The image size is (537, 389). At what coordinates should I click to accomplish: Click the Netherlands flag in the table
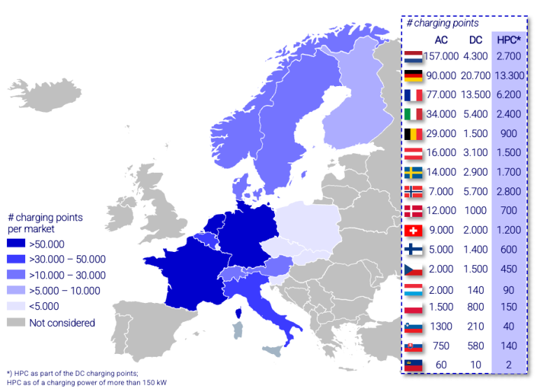(413, 56)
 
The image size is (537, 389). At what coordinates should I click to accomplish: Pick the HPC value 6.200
(507, 94)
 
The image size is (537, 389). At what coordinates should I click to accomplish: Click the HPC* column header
(507, 39)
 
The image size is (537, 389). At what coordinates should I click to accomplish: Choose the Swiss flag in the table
(413, 229)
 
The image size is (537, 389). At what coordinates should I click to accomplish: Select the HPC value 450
(507, 269)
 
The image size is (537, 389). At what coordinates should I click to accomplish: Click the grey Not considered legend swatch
(16, 323)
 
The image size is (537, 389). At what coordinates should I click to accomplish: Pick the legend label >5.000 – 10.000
(64, 291)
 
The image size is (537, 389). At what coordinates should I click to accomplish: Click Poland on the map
(308, 224)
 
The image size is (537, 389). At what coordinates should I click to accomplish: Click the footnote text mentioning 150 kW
(87, 382)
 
